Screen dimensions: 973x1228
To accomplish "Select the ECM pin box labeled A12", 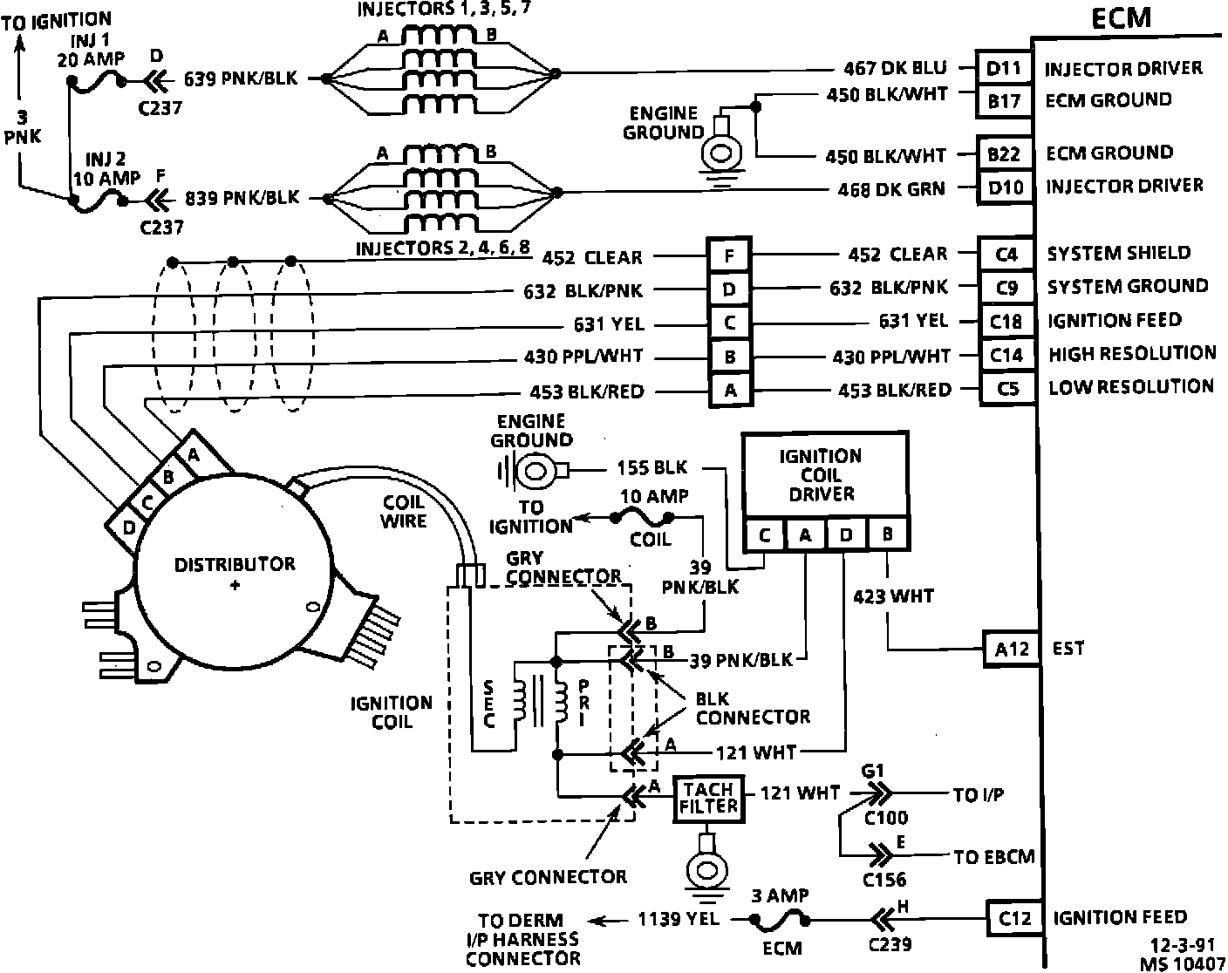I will pyautogui.click(x=1011, y=650).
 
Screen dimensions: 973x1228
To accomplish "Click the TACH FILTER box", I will pyautogui.click(x=708, y=797).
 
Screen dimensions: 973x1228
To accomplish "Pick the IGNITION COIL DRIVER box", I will pyautogui.click(x=823, y=475).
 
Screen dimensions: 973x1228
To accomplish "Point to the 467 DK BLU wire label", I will pyautogui.click(x=895, y=68).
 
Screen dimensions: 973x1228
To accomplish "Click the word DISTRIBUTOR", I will pyautogui.click(x=235, y=564).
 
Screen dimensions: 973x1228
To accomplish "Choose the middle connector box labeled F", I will pyautogui.click(x=729, y=256).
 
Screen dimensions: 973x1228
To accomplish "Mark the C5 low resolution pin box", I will pyautogui.click(x=1007, y=388).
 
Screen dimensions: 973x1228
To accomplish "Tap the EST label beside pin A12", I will pyautogui.click(x=1068, y=649).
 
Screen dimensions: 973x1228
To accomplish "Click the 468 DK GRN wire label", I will pyautogui.click(x=891, y=188).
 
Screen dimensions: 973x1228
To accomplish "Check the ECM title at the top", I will pyautogui.click(x=1122, y=18).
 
